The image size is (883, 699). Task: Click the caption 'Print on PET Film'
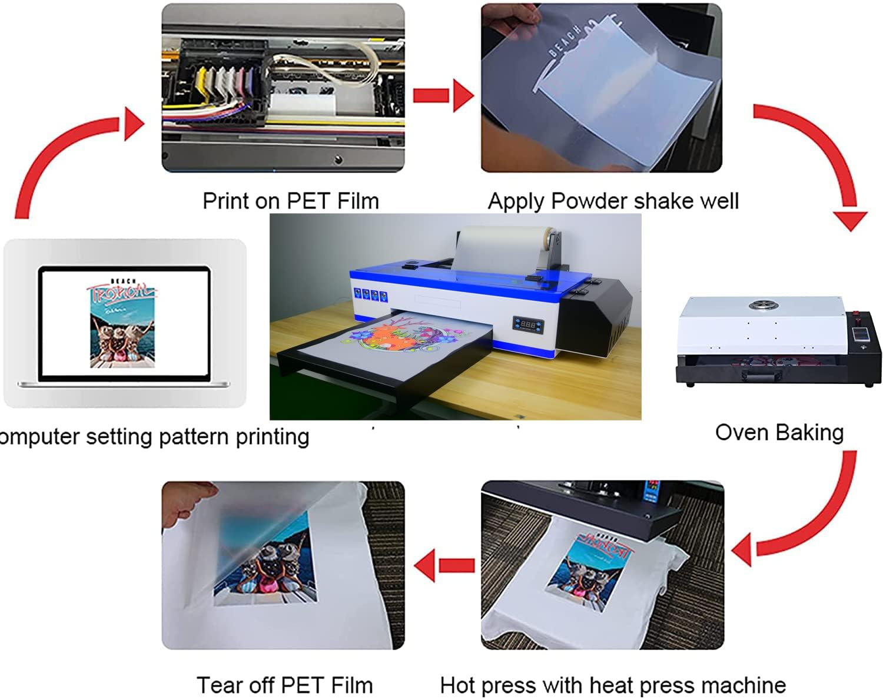click(x=290, y=201)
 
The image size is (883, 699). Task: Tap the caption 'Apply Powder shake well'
click(x=613, y=201)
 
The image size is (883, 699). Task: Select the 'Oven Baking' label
click(x=779, y=433)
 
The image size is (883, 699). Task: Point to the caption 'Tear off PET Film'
click(x=284, y=685)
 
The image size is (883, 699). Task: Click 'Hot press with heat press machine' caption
click(x=613, y=685)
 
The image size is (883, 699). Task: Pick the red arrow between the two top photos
click(x=443, y=95)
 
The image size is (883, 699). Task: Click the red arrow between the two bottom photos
click(x=444, y=565)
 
